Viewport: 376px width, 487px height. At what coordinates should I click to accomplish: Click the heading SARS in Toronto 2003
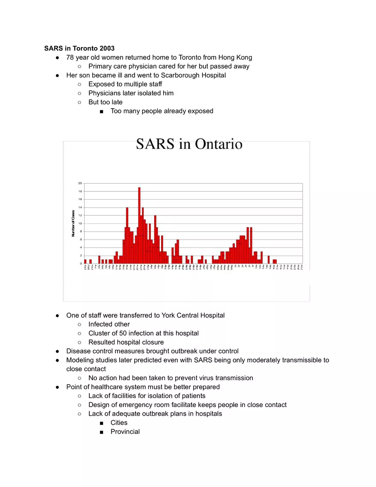(79, 48)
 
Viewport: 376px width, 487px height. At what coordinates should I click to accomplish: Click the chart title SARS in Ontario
(189, 144)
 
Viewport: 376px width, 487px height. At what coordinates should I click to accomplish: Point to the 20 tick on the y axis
(80, 183)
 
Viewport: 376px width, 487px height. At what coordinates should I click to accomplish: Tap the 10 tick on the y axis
(80, 224)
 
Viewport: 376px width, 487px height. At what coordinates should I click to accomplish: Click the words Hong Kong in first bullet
(235, 57)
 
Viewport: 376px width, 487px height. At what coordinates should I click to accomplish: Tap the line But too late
(105, 102)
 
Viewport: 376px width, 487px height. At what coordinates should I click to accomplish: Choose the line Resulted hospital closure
(126, 342)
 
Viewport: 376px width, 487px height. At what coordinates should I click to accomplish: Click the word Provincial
(125, 431)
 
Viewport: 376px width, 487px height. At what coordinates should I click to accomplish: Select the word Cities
(119, 422)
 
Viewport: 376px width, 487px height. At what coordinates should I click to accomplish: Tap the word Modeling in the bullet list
(80, 360)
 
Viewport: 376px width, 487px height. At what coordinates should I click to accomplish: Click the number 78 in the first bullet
(70, 57)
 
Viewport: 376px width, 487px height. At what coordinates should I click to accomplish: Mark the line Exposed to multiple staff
(125, 84)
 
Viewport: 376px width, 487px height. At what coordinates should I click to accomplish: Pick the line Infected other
(109, 324)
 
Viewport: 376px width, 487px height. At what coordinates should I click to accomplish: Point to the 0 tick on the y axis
(81, 264)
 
